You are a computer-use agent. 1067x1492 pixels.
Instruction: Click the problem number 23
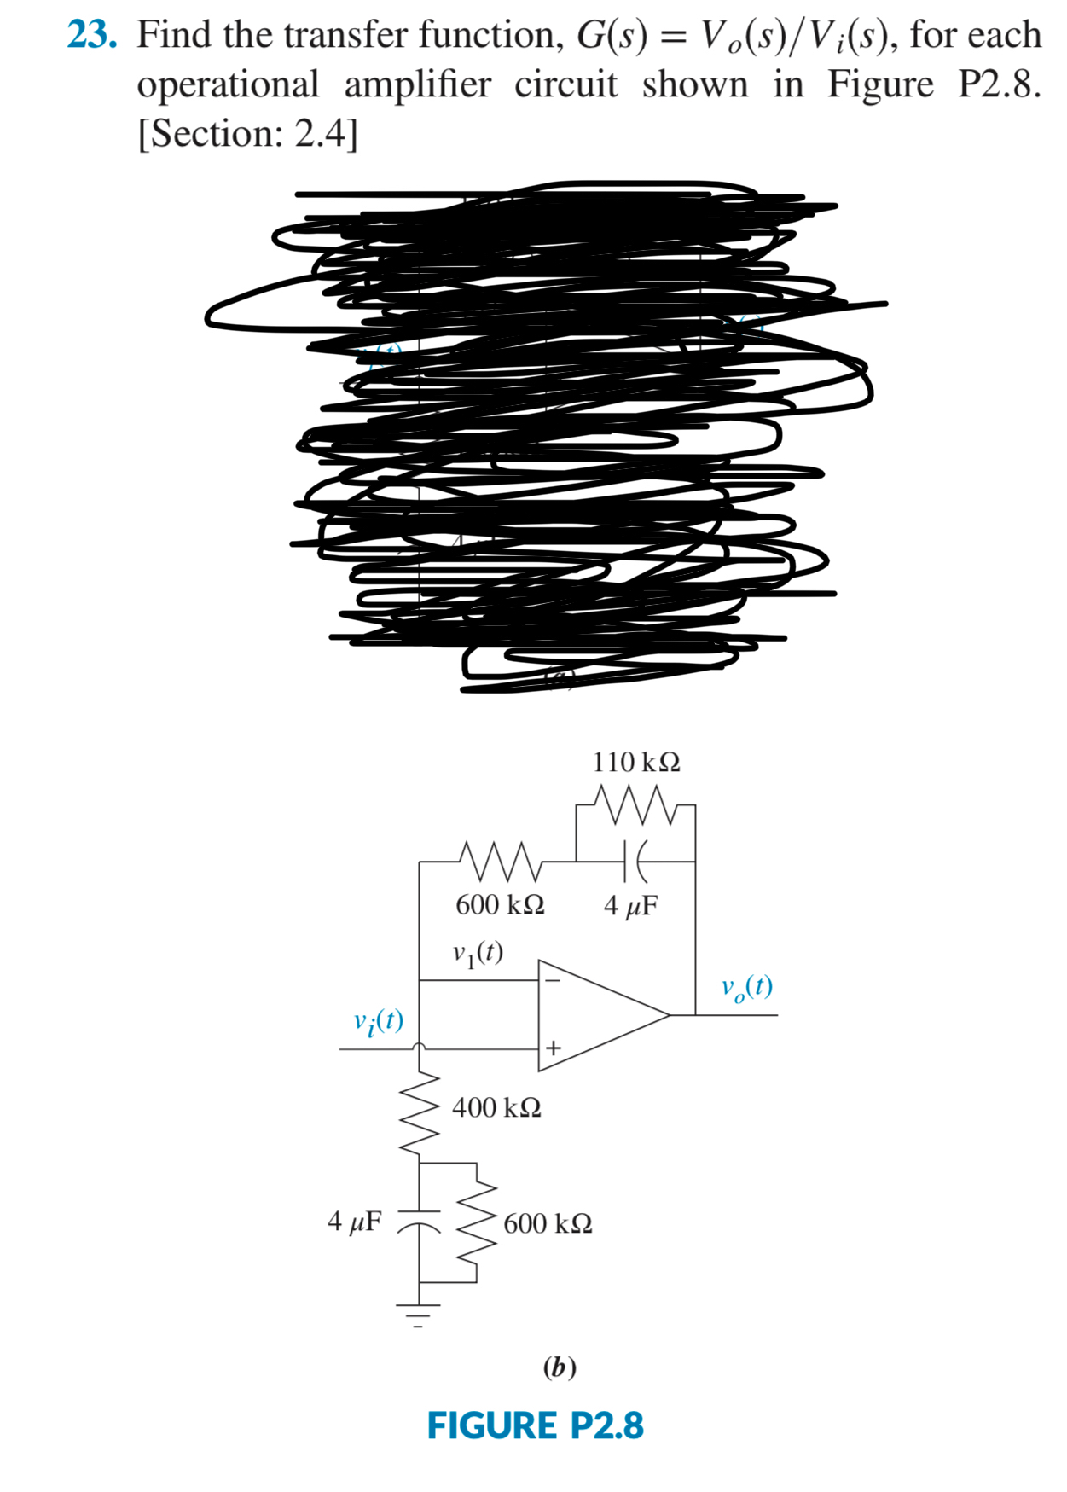coord(91,35)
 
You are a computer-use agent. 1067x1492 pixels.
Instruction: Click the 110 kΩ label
coord(636,762)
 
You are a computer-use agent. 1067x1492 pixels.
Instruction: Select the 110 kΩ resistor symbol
coord(635,804)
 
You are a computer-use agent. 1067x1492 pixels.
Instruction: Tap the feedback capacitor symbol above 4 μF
coord(635,862)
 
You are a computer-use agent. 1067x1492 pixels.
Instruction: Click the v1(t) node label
coord(478,953)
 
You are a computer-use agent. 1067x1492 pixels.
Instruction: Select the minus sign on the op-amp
coord(553,981)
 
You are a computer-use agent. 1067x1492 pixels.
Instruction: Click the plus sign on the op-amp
coord(553,1048)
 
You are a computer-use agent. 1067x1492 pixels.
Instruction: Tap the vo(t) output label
coord(747,987)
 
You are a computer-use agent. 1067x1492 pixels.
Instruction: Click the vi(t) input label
coord(379,1021)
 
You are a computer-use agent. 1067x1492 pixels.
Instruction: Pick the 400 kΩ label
coord(496,1108)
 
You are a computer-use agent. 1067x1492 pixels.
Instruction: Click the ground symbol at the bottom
coord(418,1314)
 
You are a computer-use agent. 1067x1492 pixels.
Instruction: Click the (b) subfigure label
coord(560,1367)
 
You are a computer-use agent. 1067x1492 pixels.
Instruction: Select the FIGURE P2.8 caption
coord(535,1425)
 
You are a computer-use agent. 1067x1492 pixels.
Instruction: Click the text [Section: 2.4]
coord(247,134)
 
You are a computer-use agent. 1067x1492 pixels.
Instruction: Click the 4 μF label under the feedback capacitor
coord(631,905)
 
